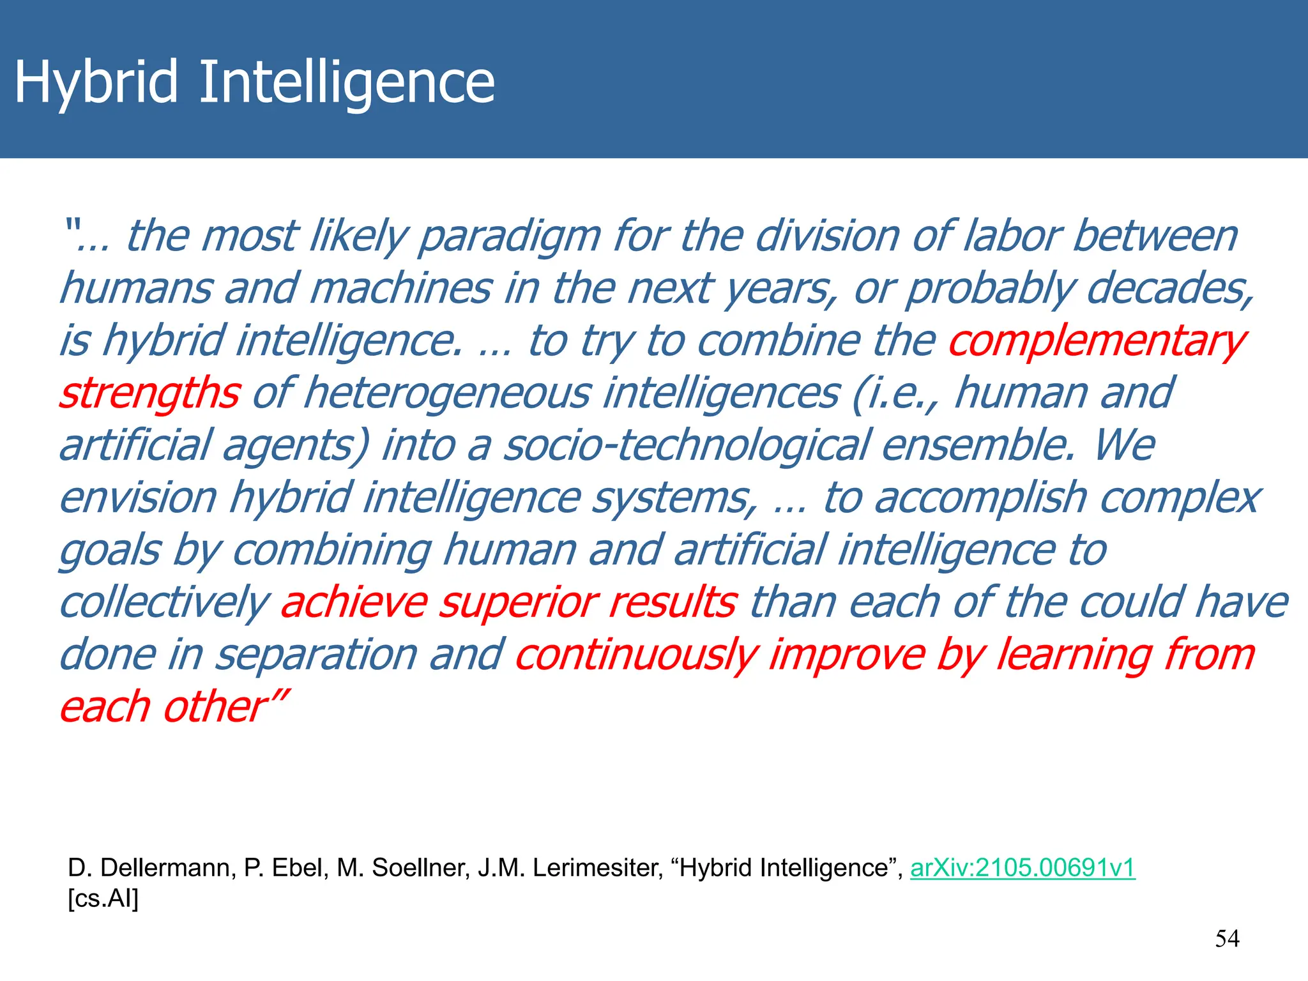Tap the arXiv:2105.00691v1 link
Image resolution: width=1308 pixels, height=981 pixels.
[x=1023, y=867]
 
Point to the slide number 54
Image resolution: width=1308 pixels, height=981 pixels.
[x=1227, y=938]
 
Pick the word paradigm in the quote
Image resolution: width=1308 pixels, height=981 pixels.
[x=510, y=236]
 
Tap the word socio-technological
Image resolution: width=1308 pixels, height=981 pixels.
[x=687, y=445]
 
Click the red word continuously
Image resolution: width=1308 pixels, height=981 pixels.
[x=636, y=654]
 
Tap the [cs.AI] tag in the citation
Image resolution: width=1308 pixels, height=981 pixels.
[x=103, y=898]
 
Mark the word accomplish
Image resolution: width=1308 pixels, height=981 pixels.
[x=980, y=498]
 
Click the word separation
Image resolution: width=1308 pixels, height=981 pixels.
[x=316, y=654]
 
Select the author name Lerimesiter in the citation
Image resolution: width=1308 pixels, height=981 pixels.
[x=597, y=867]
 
